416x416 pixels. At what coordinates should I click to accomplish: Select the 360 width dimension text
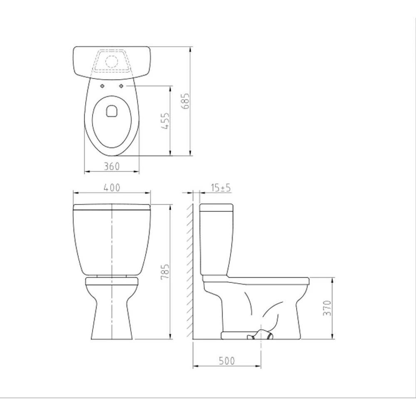111,167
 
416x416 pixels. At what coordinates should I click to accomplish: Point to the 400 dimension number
111,188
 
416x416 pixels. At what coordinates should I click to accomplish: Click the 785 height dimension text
165,271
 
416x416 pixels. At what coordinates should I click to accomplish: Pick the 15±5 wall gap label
221,188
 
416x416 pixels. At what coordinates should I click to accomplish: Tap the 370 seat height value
328,308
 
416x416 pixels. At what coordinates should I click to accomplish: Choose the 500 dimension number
227,361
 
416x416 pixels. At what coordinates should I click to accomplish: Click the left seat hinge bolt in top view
102,86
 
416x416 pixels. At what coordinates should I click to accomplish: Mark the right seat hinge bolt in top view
121,86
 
